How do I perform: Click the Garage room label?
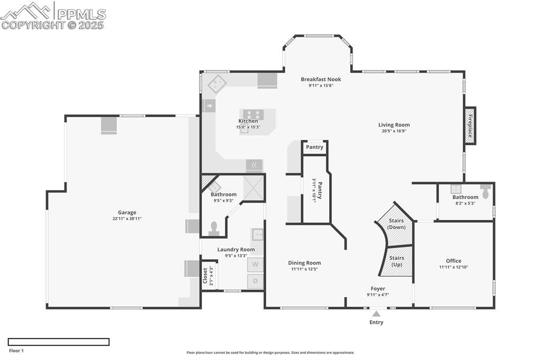(x=127, y=212)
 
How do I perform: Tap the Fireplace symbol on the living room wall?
(x=469, y=126)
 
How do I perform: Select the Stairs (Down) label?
(x=396, y=223)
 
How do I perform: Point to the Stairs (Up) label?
(x=396, y=261)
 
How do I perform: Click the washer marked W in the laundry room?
(x=255, y=264)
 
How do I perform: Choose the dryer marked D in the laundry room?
(x=255, y=281)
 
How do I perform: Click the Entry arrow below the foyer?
(x=376, y=314)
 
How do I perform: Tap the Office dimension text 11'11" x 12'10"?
(x=453, y=267)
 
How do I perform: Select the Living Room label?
(x=394, y=125)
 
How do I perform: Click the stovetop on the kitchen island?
(x=252, y=114)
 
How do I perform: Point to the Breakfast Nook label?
(x=321, y=79)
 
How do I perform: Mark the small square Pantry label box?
(x=314, y=147)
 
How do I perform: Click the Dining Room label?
(x=304, y=263)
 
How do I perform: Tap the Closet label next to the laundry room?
(x=206, y=276)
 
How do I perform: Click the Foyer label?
(x=378, y=289)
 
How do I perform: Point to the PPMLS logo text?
(x=81, y=14)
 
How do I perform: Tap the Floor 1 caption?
(x=16, y=350)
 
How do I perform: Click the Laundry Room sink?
(x=257, y=234)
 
